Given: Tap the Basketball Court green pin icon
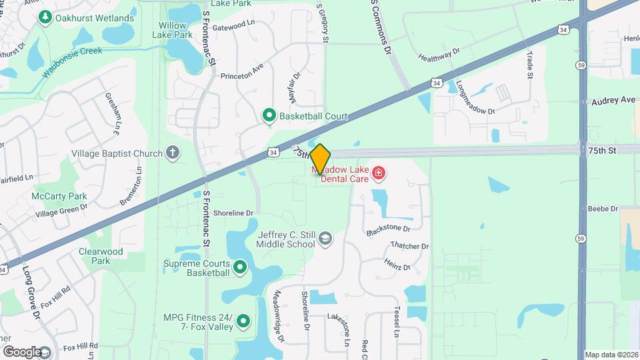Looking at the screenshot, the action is (269, 116).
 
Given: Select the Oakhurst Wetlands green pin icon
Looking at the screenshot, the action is (46, 18).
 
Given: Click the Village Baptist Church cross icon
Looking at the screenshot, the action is (173, 153).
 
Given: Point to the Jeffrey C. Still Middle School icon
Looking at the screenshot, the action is (325, 239).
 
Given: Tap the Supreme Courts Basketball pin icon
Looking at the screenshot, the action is (240, 267).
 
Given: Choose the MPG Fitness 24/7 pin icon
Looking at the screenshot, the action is (244, 322).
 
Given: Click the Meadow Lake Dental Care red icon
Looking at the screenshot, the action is (379, 174).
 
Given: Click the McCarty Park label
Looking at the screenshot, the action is (59, 196).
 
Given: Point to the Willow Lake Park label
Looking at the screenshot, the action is (172, 29).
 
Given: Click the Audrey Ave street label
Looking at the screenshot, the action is (613, 100).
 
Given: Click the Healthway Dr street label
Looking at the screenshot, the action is (439, 55).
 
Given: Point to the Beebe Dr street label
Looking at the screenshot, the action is (603, 209).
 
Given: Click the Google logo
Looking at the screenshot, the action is (22, 351).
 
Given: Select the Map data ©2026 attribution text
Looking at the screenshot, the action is (611, 355).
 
